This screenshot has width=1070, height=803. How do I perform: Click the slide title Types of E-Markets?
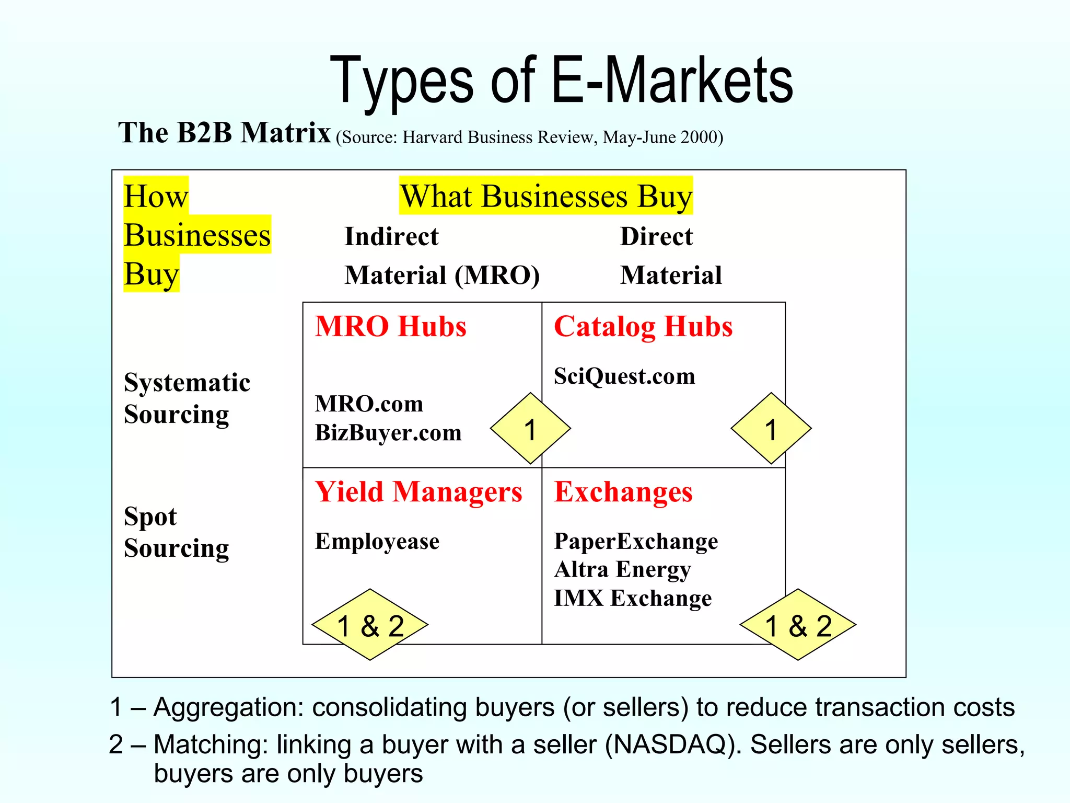pyautogui.click(x=562, y=81)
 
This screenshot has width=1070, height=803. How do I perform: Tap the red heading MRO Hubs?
pyautogui.click(x=390, y=327)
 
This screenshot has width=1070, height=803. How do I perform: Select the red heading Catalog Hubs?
pyautogui.click(x=643, y=327)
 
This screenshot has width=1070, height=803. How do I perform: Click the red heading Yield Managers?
pyautogui.click(x=418, y=492)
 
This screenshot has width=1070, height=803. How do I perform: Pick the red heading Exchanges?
pyautogui.click(x=623, y=492)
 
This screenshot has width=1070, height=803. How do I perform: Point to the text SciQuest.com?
pyautogui.click(x=624, y=376)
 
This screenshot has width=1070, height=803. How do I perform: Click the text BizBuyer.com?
pyautogui.click(x=388, y=433)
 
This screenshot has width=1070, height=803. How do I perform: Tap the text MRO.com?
pyautogui.click(x=369, y=404)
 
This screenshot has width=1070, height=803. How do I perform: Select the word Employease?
pyautogui.click(x=377, y=542)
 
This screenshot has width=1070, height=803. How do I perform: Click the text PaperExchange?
pyautogui.click(x=636, y=542)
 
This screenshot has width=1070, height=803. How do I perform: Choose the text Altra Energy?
pyautogui.click(x=622, y=570)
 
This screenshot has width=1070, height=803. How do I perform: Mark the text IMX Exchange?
pyautogui.click(x=633, y=598)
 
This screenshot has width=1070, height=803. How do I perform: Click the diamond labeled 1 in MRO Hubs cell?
pyautogui.click(x=530, y=429)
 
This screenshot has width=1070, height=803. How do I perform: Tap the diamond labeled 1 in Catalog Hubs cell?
pyautogui.click(x=771, y=429)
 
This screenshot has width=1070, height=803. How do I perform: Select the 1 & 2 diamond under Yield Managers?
pyautogui.click(x=370, y=625)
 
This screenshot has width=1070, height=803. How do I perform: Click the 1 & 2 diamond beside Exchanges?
pyautogui.click(x=798, y=625)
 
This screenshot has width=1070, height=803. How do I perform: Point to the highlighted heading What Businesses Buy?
pyautogui.click(x=546, y=196)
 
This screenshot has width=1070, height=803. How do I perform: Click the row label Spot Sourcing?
pyautogui.click(x=176, y=532)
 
